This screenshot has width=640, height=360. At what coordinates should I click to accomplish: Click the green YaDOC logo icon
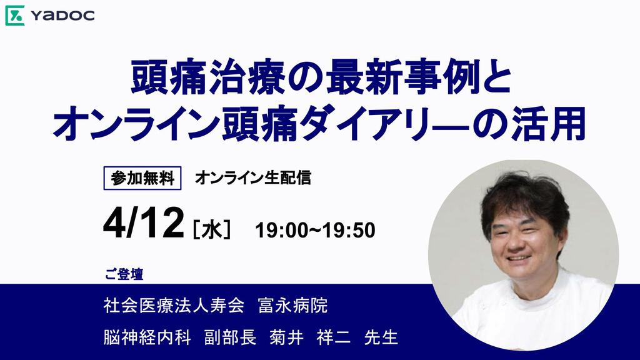tap(15, 16)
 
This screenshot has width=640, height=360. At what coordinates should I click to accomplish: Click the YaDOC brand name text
tap(62, 16)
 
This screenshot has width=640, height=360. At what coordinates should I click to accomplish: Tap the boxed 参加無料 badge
tap(142, 178)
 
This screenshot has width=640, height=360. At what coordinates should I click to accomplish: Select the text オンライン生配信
tap(253, 178)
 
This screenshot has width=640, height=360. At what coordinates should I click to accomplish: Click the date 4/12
tap(143, 223)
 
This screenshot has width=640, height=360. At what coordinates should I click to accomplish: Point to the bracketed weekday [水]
tap(212, 229)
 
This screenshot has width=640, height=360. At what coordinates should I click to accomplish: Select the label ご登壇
tap(124, 274)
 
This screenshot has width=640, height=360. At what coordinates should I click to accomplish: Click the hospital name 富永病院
tap(293, 305)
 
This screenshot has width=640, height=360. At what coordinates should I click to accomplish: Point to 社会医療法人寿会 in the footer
tap(174, 305)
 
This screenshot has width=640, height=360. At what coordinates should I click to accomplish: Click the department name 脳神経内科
tap(147, 337)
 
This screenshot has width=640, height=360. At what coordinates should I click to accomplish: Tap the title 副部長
tap(230, 337)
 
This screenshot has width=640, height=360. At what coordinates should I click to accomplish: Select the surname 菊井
tap(286, 337)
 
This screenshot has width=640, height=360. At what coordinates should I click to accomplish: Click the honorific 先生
tap(381, 337)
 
